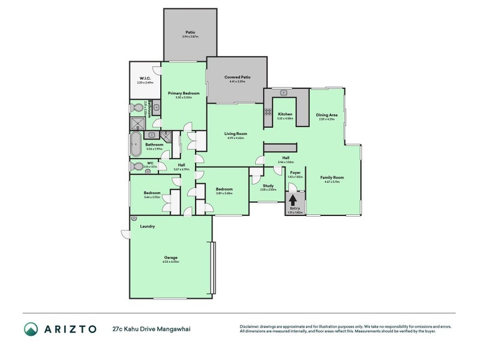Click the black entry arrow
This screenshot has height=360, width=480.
point(293,199)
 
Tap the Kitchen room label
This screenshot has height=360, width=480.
point(285,114)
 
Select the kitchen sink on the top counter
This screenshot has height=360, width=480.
point(283,93)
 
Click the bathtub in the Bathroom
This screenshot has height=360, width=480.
point(137,145)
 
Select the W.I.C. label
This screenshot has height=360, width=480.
point(145,78)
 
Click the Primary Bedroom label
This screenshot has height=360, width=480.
point(184,93)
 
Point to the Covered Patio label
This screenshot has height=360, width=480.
point(237,77)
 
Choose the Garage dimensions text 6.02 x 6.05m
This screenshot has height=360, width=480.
point(170,262)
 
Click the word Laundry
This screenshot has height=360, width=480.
point(148,226)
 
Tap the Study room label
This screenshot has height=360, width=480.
point(268,185)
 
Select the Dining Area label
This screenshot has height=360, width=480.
point(326,115)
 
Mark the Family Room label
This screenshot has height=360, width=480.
point(332,178)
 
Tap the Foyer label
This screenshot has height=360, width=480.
point(295,172)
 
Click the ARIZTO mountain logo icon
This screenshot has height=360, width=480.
point(31,328)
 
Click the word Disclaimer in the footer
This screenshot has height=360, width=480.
point(251,326)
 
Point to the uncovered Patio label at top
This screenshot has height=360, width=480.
point(190,32)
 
